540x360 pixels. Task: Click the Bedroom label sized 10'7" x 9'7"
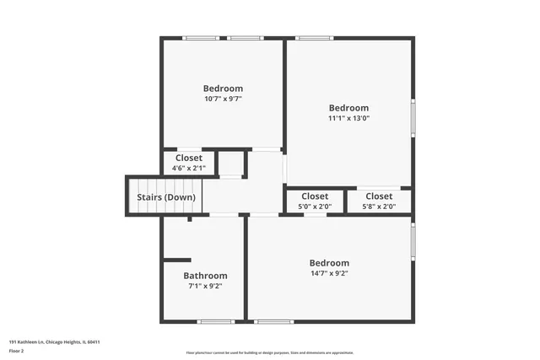click(223, 89)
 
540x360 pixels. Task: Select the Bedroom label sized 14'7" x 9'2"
click(329, 263)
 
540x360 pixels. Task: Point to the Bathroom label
click(205, 276)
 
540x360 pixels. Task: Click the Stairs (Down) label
click(166, 197)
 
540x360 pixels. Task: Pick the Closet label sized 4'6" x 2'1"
click(188, 158)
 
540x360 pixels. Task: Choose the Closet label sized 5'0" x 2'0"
click(315, 196)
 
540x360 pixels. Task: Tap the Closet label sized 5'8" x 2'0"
click(378, 196)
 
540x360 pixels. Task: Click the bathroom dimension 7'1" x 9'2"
click(205, 287)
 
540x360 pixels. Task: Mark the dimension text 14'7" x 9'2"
click(329, 273)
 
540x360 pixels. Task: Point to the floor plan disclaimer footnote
click(269, 352)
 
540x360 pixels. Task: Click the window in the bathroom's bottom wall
click(215, 321)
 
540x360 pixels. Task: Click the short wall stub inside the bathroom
click(178, 260)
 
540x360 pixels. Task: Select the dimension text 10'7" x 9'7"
click(223, 99)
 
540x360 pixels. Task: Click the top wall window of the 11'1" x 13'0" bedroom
click(313, 38)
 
